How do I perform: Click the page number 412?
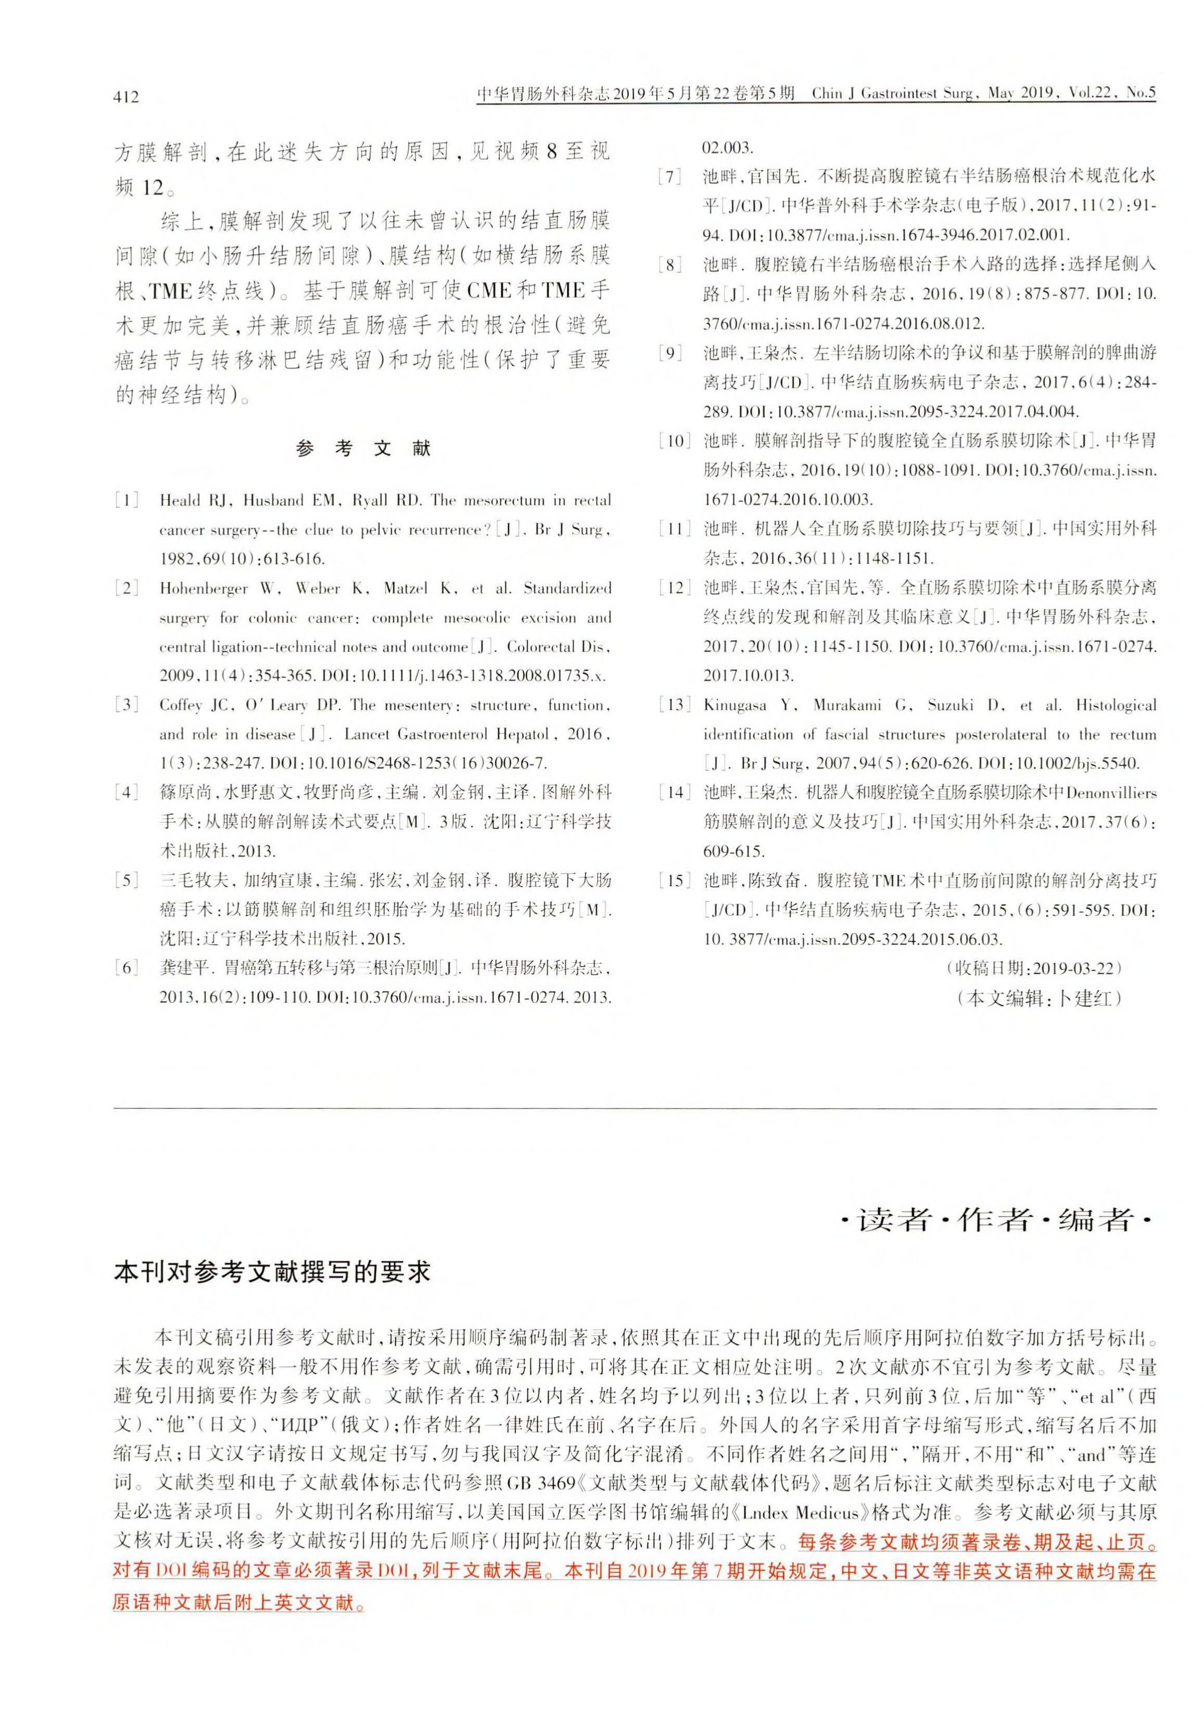pyautogui.click(x=126, y=96)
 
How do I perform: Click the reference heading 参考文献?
pyautogui.click(x=363, y=449)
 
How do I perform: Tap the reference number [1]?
pyautogui.click(x=126, y=501)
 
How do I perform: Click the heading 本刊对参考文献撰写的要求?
pyautogui.click(x=272, y=1272)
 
